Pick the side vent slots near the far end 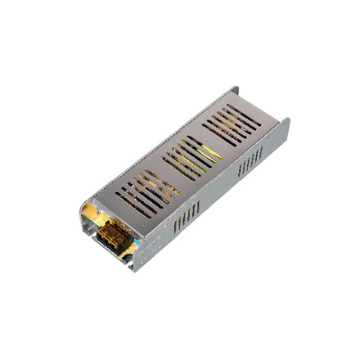click(250, 161)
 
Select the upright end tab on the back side click(236, 91)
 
